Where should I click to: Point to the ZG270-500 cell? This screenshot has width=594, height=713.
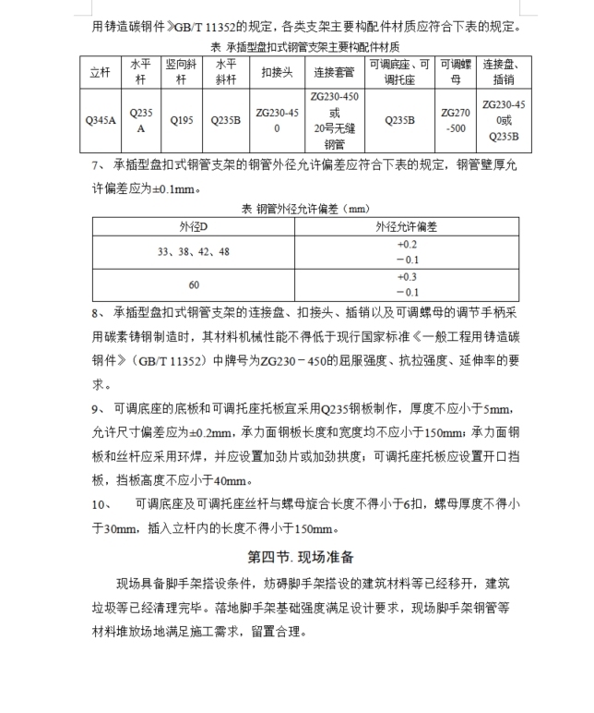(456, 119)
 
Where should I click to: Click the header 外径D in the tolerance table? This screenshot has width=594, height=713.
(195, 226)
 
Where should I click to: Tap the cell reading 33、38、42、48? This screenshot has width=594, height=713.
(195, 252)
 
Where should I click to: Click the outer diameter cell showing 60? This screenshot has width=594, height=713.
(195, 284)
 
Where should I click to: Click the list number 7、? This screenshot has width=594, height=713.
(99, 166)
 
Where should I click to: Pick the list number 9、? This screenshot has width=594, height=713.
(99, 409)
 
